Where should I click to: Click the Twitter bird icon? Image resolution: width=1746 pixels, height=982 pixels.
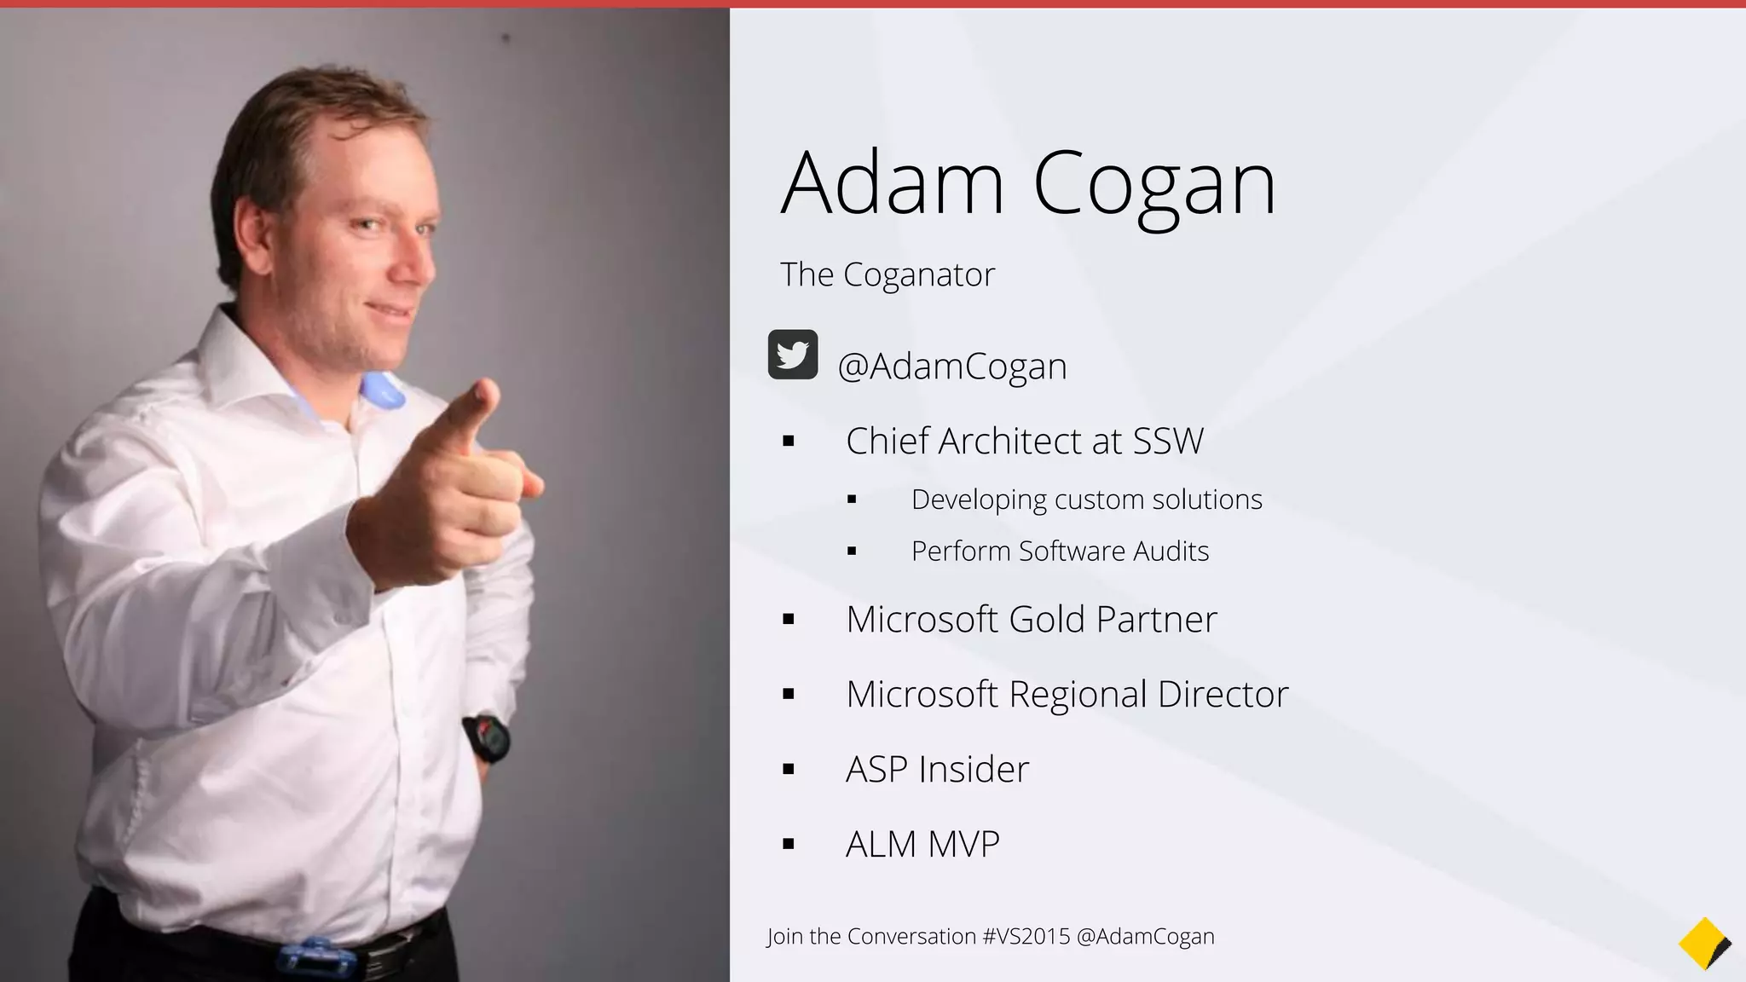coord(793,355)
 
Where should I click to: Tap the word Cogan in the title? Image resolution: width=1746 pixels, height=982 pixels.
coord(1154,184)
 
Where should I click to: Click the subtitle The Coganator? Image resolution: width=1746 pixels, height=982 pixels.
coord(887,274)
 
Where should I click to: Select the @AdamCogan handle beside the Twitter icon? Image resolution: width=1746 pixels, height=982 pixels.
coord(951,367)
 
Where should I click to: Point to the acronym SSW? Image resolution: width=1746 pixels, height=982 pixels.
coord(1168,442)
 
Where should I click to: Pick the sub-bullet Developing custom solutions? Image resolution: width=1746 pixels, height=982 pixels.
coord(1086,500)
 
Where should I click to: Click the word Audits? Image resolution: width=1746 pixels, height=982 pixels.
coord(1171,552)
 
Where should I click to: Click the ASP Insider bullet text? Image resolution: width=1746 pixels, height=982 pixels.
coord(937,769)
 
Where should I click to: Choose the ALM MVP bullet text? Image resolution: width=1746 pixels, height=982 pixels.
coord(922,844)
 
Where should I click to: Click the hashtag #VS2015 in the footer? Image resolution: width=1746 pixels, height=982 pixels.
coord(1026,936)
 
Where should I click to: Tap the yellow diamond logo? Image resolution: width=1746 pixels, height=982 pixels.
coord(1703,944)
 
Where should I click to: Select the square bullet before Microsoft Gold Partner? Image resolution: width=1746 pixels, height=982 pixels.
coord(788,620)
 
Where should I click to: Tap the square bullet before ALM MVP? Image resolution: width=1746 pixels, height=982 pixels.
coord(788,845)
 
